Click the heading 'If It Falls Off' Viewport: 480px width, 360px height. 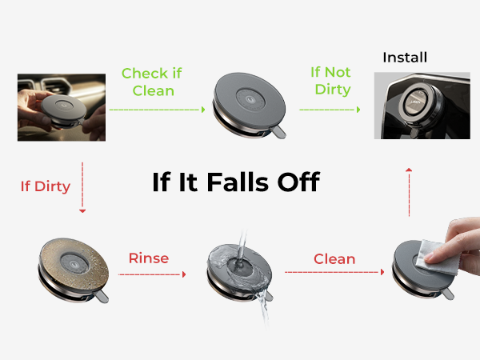(236, 182)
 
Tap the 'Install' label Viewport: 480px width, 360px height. (405, 58)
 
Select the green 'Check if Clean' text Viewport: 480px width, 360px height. (152, 82)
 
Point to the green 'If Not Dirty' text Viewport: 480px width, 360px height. (330, 81)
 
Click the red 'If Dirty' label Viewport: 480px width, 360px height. (46, 186)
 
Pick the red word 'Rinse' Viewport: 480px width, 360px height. (149, 258)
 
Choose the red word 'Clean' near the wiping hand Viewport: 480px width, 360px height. (334, 259)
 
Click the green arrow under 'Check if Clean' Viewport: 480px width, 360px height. (158, 110)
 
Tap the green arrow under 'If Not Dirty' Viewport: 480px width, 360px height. (330, 110)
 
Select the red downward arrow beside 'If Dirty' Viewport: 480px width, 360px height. (82, 187)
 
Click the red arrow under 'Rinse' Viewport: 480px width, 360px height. (152, 274)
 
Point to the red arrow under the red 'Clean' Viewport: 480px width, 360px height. (334, 272)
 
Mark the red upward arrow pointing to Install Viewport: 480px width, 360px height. (409, 192)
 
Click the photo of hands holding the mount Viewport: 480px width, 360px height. (62, 107)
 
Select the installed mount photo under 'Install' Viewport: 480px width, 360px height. (422, 106)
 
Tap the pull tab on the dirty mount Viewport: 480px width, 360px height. (101, 297)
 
